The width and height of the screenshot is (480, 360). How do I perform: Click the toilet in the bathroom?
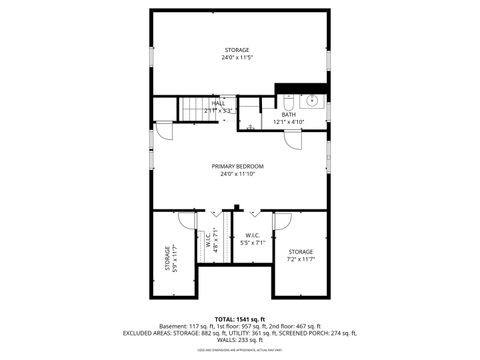click(289, 102)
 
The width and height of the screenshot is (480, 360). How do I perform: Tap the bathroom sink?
click(311, 100)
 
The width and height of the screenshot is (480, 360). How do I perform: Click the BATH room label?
click(288, 115)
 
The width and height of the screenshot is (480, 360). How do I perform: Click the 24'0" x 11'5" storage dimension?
click(237, 58)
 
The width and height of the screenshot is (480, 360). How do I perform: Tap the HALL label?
click(218, 102)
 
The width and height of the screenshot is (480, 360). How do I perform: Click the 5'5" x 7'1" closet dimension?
click(253, 242)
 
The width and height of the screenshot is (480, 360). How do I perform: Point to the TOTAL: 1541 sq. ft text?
click(239, 318)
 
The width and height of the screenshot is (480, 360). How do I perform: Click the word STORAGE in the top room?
click(237, 50)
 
